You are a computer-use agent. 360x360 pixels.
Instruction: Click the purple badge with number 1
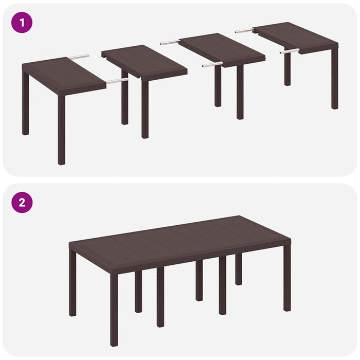(22, 23)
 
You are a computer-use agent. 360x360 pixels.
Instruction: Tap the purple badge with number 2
(22, 202)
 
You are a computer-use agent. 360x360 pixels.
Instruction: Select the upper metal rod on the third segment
(170, 42)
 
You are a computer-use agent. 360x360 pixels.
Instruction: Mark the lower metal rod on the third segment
(212, 65)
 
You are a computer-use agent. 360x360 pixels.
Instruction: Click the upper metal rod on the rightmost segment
(245, 31)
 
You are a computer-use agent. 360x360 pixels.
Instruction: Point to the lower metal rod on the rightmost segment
(290, 51)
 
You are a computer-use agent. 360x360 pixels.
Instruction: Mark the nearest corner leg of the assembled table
(114, 309)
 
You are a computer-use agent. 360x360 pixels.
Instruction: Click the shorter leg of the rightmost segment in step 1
(287, 69)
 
